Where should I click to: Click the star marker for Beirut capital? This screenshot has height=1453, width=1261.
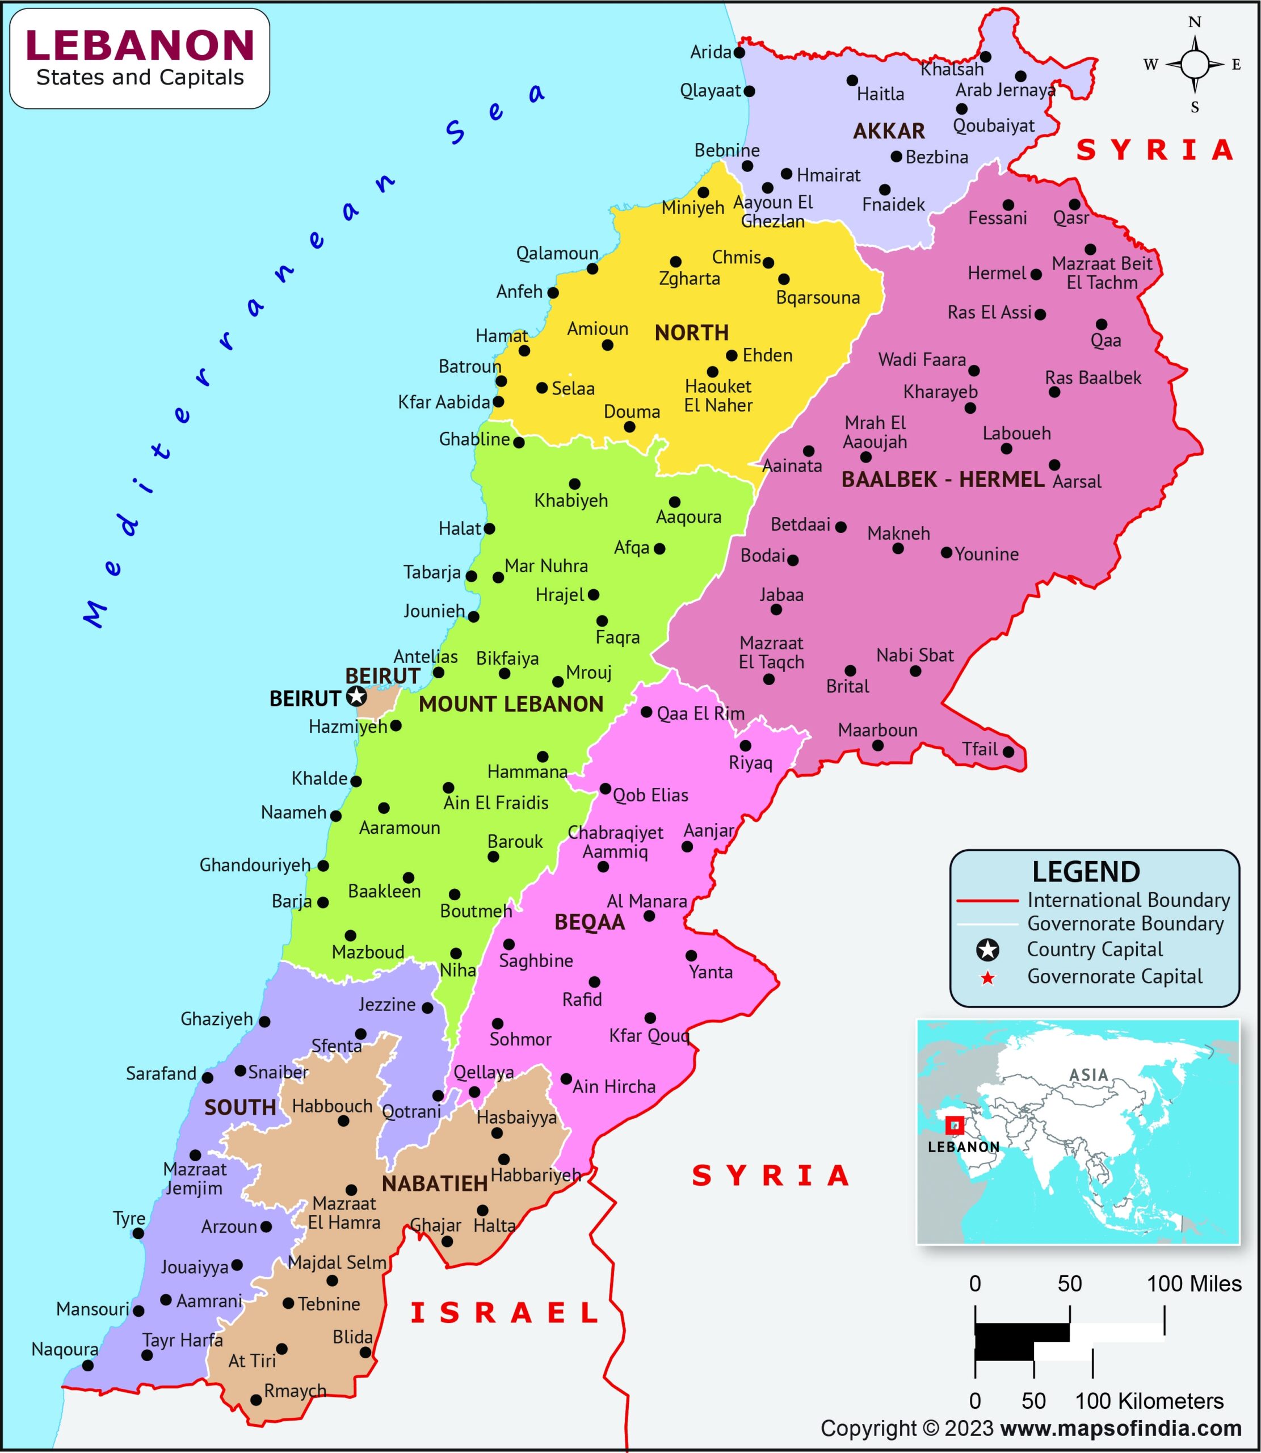pyautogui.click(x=357, y=696)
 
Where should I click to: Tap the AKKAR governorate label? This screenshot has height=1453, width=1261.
pyautogui.click(x=889, y=131)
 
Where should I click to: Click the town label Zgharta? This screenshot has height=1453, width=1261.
pyautogui.click(x=689, y=279)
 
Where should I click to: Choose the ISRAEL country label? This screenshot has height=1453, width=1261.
pyautogui.click(x=505, y=1313)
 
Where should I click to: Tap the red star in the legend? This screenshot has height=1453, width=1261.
pyautogui.click(x=988, y=978)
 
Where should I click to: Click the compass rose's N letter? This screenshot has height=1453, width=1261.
pyautogui.click(x=1195, y=23)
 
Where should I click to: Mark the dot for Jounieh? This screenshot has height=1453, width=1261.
pyautogui.click(x=473, y=616)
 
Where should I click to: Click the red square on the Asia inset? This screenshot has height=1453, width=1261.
pyautogui.click(x=954, y=1126)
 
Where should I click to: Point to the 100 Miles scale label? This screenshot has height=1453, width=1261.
pyautogui.click(x=1194, y=1284)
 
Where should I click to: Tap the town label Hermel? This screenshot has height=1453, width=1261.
pyautogui.click(x=997, y=273)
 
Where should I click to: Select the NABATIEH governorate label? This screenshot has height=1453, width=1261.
pyautogui.click(x=434, y=1184)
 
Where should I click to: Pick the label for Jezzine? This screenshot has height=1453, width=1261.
pyautogui.click(x=386, y=1005)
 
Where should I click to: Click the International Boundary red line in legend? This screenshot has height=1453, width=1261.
pyautogui.click(x=987, y=901)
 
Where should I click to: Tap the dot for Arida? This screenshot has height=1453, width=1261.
pyautogui.click(x=739, y=52)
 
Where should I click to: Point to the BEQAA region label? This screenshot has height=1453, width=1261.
pyautogui.click(x=589, y=922)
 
